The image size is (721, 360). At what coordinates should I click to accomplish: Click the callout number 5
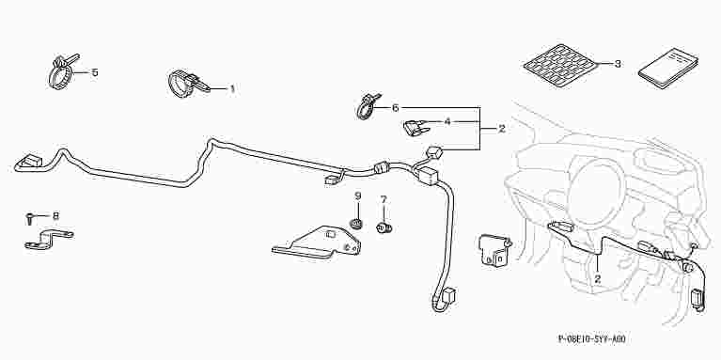point(95,72)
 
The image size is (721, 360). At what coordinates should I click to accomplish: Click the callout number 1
point(232,88)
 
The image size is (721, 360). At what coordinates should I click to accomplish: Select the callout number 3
point(618,64)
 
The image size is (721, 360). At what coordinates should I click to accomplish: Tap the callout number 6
point(396,108)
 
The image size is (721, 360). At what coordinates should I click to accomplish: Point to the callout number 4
point(447,121)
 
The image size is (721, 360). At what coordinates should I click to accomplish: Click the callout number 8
point(56,215)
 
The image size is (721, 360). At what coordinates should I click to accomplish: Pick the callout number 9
point(358,196)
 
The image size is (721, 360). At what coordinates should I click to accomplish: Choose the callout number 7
point(384,199)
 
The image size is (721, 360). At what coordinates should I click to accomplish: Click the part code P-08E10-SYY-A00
point(592,339)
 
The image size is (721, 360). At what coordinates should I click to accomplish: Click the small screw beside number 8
point(29,219)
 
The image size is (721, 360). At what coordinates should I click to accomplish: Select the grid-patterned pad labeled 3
point(560,65)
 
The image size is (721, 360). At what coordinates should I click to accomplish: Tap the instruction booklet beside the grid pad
point(668,66)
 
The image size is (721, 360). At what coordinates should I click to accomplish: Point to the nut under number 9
point(356,224)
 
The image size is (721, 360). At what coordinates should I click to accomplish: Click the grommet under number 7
point(384,227)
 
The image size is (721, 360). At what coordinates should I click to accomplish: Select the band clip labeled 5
point(62,71)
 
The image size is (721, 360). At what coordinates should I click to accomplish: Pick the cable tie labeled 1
point(188,84)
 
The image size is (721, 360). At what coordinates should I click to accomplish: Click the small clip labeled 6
point(368,106)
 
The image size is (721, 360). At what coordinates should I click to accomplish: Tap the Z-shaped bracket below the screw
point(48,239)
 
